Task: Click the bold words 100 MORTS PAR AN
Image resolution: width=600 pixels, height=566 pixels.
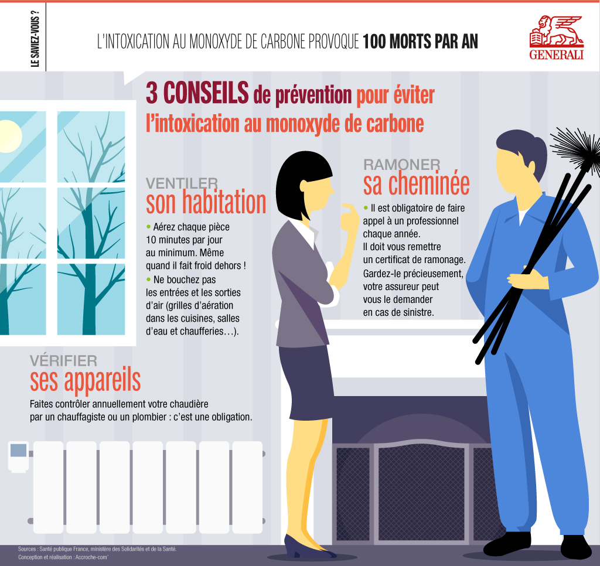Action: [x=420, y=42]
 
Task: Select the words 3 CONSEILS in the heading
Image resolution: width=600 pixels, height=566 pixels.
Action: [x=197, y=94]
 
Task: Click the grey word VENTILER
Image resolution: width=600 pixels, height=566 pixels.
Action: [x=182, y=184]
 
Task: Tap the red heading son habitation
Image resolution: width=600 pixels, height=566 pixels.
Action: [x=206, y=203]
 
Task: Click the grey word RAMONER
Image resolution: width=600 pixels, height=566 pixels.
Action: [x=402, y=165]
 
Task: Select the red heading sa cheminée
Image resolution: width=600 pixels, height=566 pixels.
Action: [x=416, y=184]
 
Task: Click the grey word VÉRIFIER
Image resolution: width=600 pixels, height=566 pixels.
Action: [x=63, y=360]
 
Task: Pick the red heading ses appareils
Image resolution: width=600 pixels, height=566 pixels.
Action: [x=85, y=380]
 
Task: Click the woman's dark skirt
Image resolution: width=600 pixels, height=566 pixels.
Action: [x=305, y=381]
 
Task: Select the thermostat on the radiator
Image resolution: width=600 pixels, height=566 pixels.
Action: [x=18, y=455]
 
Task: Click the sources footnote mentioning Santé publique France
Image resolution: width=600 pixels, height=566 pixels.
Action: [x=97, y=549]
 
